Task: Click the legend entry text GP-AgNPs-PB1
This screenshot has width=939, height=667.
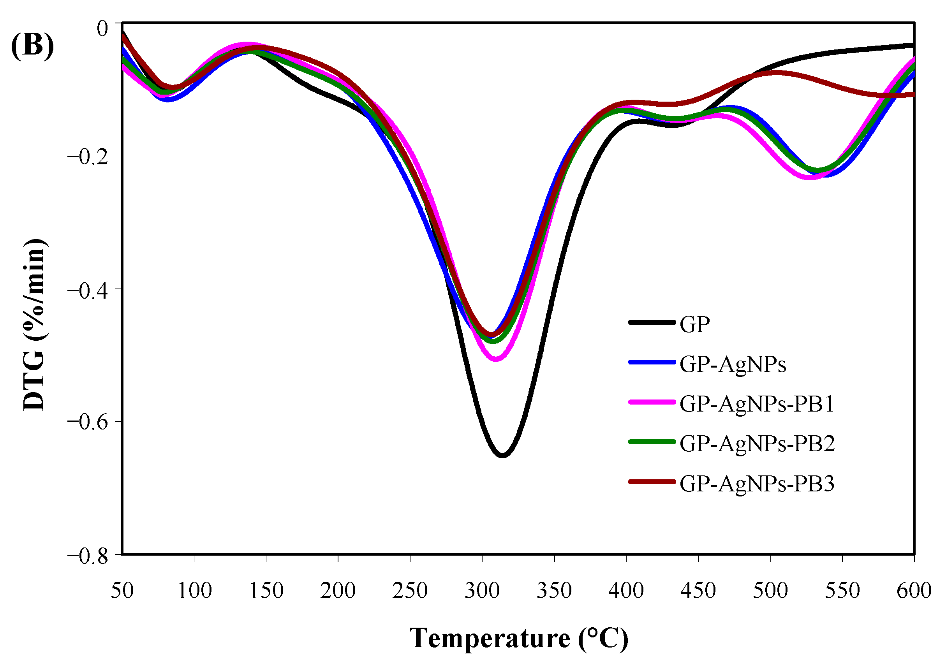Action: point(757,404)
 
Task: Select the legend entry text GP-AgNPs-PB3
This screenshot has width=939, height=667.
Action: point(757,484)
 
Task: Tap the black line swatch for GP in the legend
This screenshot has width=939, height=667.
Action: point(652,322)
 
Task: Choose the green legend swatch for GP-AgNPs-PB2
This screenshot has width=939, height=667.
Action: point(652,442)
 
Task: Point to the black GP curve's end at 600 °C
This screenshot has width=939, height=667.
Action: point(913,45)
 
